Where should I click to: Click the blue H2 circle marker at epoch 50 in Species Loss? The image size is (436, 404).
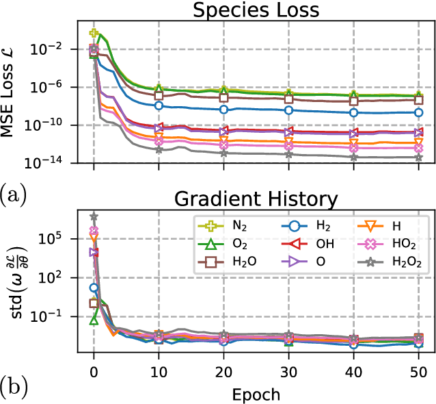click(418, 112)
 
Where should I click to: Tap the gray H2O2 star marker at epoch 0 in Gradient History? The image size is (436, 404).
click(94, 216)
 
